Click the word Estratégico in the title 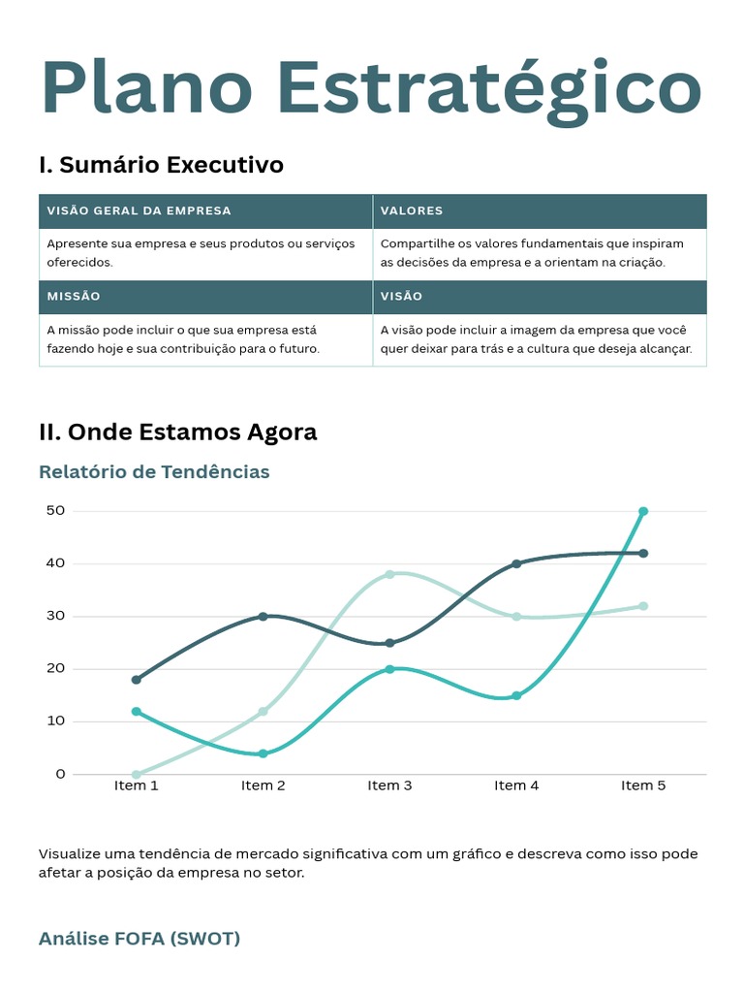[x=488, y=89]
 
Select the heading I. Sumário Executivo [x=161, y=165]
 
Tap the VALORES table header [x=412, y=210]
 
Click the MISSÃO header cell [x=74, y=296]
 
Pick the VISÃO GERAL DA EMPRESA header [x=139, y=210]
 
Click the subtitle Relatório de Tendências [x=154, y=472]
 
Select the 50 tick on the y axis [x=55, y=511]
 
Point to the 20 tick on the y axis [x=55, y=669]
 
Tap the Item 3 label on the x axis [x=389, y=785]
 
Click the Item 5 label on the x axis [x=643, y=785]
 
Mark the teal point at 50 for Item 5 [x=643, y=511]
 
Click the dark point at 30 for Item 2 [x=263, y=617]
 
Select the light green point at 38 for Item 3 [x=389, y=574]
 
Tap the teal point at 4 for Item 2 [x=263, y=753]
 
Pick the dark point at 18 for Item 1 [x=136, y=680]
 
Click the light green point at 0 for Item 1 [x=136, y=774]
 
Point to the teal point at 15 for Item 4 [x=516, y=695]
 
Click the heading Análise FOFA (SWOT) [x=139, y=939]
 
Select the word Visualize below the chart [x=73, y=854]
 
